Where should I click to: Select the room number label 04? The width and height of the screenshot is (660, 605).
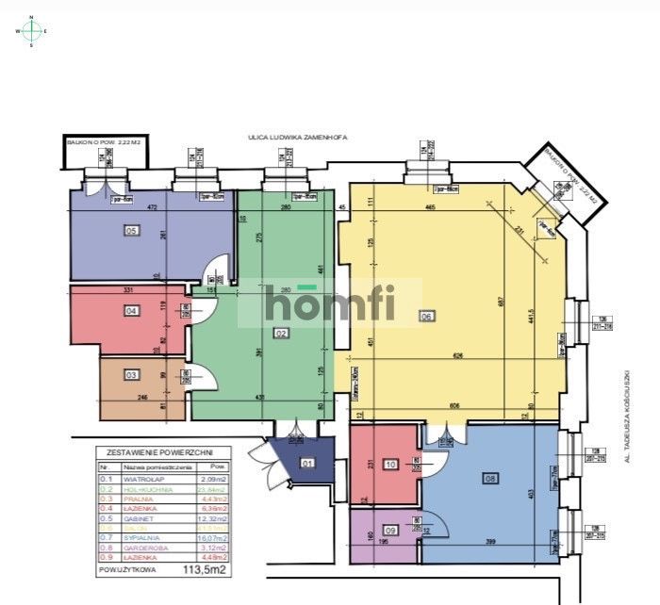(132, 310)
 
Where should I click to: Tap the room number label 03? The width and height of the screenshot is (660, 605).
(132, 376)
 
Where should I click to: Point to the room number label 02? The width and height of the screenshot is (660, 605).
(281, 333)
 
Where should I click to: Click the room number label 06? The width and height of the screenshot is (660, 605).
(426, 317)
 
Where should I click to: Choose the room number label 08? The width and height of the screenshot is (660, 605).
(489, 478)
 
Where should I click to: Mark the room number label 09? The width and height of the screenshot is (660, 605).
(391, 530)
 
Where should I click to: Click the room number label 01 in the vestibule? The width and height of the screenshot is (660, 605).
(307, 463)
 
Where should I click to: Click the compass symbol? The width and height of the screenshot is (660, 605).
(32, 31)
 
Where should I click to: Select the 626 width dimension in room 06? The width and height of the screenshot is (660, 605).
(456, 355)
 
